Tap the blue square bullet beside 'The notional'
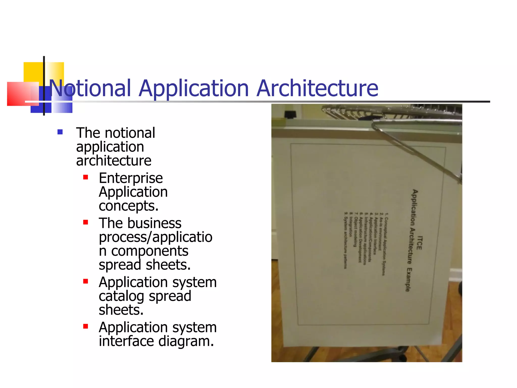pyautogui.click(x=60, y=132)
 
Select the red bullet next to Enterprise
pyautogui.click(x=86, y=177)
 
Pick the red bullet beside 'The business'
pyautogui.click(x=86, y=222)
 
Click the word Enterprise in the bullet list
pyautogui.click(x=131, y=178)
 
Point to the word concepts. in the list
pyautogui.click(x=128, y=206)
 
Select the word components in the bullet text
pyautogui.click(x=150, y=251)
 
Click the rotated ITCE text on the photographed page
pyautogui.click(x=419, y=243)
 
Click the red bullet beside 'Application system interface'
pyautogui.click(x=86, y=326)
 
